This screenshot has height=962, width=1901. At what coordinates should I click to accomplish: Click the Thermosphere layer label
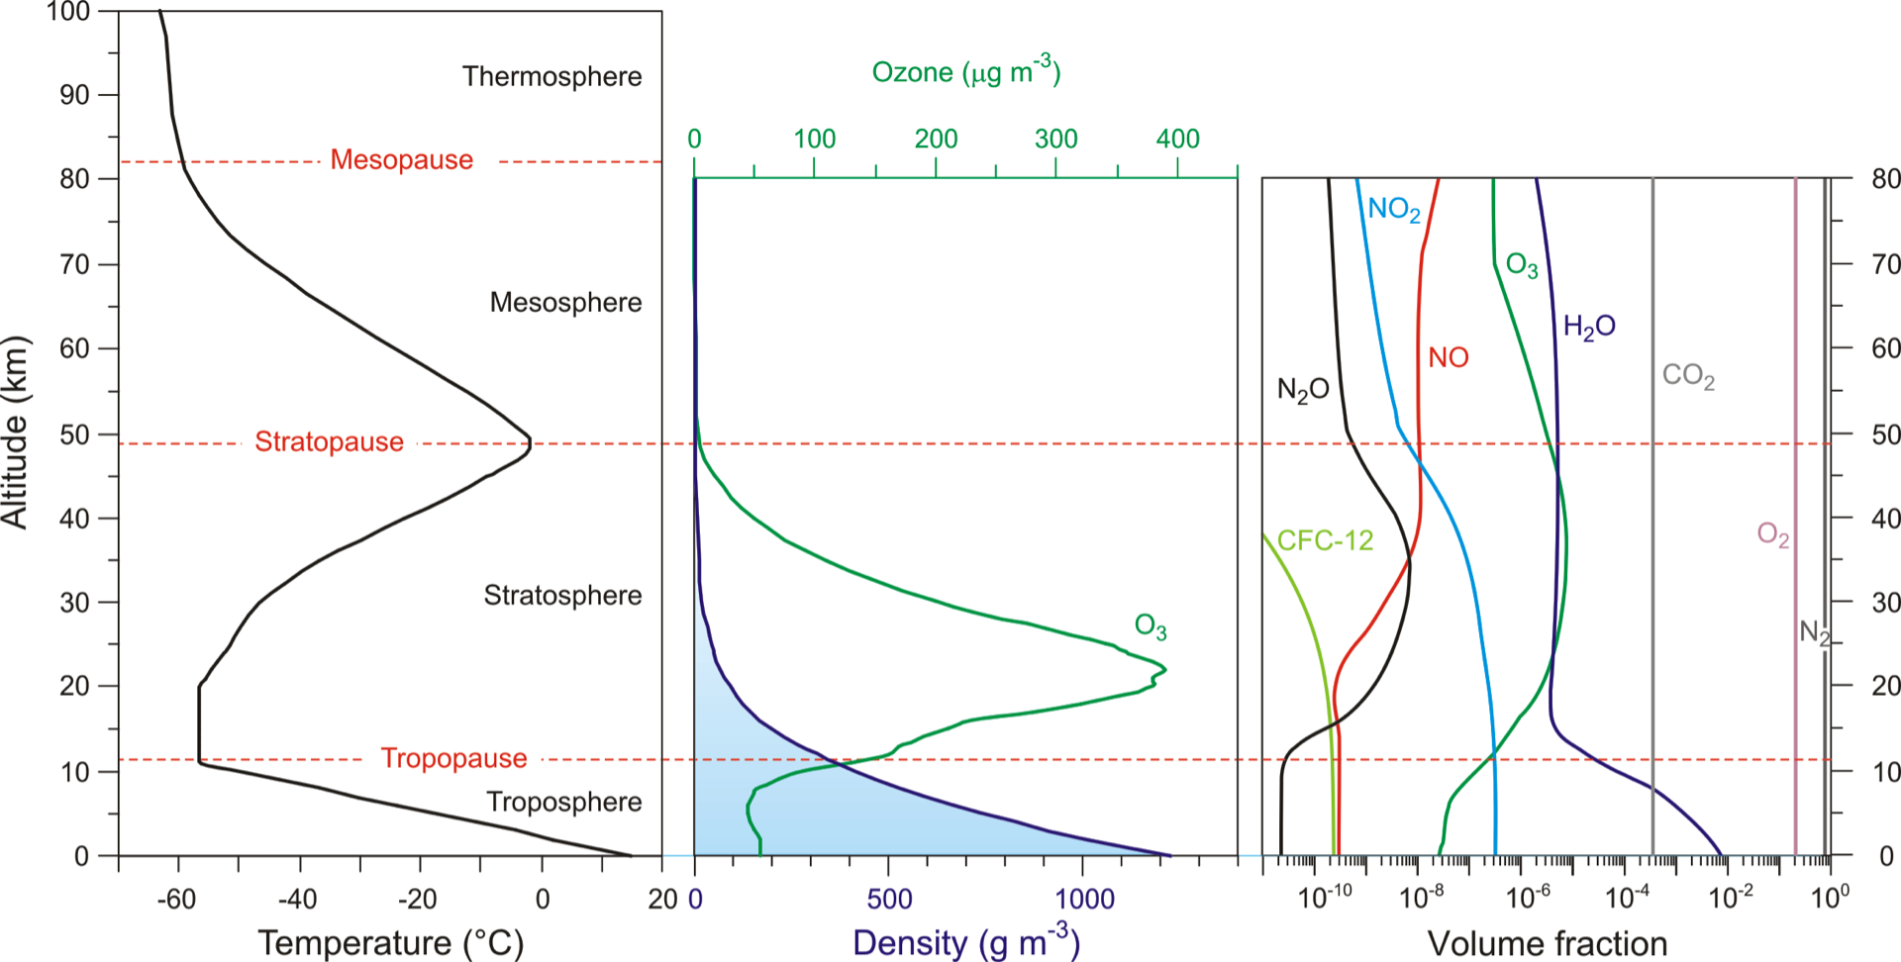551,76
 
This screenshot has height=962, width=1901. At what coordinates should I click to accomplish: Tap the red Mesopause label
401,159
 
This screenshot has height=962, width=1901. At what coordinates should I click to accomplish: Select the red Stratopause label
329,441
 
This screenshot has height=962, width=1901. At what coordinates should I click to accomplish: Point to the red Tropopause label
453,758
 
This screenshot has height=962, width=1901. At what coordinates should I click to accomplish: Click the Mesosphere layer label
565,302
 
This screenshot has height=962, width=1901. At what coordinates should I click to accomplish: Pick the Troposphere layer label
563,802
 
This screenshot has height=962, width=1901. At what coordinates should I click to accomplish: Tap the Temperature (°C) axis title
390,942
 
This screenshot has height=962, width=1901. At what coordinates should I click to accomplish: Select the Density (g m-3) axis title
965,941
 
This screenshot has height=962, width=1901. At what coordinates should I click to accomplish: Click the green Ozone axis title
965,71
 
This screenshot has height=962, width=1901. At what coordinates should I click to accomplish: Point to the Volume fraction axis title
1547,943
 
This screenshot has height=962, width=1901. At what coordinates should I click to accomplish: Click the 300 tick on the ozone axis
1055,139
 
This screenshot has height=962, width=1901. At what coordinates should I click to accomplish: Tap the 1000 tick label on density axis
1084,899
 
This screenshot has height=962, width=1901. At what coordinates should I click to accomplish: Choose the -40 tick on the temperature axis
297,899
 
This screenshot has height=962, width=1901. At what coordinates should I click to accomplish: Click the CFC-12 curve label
1325,540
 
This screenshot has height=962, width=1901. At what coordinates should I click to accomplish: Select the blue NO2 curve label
1393,209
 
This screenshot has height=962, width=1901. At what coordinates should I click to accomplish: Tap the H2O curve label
1589,326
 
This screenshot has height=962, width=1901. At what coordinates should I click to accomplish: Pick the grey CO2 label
1688,376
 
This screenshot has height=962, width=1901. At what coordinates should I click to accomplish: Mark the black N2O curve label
1303,390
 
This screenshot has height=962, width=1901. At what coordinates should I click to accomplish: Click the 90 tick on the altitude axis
74,95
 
